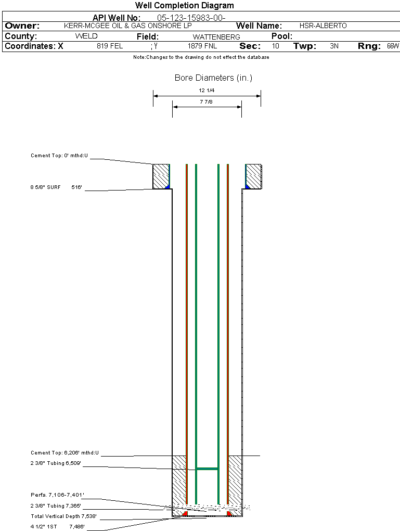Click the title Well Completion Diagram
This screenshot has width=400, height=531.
click(x=185, y=5)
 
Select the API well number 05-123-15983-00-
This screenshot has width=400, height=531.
click(x=191, y=18)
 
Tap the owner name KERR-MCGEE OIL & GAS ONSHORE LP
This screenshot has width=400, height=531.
click(x=128, y=26)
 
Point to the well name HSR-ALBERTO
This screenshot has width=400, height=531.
click(x=323, y=26)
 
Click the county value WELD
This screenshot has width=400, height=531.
click(x=86, y=36)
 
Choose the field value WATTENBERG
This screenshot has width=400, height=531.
click(x=216, y=37)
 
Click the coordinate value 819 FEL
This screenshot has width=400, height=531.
click(x=110, y=46)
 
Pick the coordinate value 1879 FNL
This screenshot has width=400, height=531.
click(x=202, y=46)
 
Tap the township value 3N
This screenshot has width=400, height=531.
click(x=334, y=46)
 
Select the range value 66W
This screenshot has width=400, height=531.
click(x=393, y=46)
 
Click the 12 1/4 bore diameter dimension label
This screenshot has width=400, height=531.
click(x=207, y=91)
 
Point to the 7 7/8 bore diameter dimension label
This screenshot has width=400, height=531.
click(x=206, y=102)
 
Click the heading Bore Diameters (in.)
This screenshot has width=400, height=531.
click(x=214, y=78)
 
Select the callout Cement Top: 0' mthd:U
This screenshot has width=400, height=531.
click(x=59, y=156)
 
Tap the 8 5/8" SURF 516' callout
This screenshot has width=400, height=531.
click(x=56, y=187)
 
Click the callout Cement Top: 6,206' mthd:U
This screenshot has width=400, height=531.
click(x=64, y=453)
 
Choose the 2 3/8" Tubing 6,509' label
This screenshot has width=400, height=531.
click(x=56, y=463)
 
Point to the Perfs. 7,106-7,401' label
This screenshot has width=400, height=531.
click(x=57, y=495)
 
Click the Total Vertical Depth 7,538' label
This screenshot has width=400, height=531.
click(x=63, y=516)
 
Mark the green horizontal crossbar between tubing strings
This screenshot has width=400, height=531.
click(x=207, y=469)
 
